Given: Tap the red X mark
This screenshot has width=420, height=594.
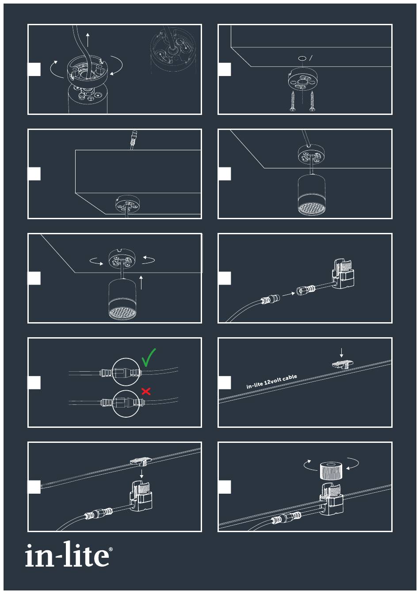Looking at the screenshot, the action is (146, 391).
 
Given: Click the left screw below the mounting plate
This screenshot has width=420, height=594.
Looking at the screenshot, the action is (293, 101).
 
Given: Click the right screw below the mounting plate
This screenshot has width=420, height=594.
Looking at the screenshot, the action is (312, 101).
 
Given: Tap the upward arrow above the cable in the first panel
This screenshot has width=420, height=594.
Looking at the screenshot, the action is (88, 39).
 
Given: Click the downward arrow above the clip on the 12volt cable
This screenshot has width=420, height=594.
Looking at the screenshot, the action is (342, 353).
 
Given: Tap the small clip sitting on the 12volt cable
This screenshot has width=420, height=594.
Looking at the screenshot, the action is (342, 364).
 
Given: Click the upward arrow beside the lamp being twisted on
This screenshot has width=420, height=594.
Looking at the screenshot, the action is (141, 282).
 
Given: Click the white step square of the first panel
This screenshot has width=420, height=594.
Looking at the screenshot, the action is (34, 69).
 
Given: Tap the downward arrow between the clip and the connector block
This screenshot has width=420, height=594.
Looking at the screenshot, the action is (141, 473).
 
